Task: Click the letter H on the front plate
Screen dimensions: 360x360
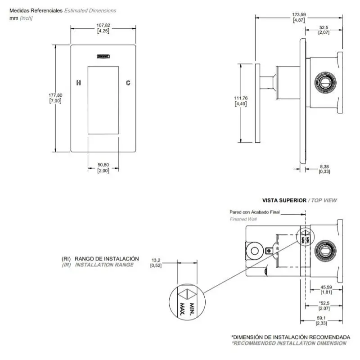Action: (x=79, y=83)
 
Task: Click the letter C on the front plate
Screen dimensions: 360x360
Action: (x=128, y=83)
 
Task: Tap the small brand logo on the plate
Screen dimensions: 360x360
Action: (x=103, y=57)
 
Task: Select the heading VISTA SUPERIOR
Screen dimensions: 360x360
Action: (x=284, y=200)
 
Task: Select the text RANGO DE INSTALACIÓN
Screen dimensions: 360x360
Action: (x=107, y=259)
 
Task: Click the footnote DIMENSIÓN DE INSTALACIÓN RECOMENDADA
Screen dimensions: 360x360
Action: (x=290, y=337)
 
